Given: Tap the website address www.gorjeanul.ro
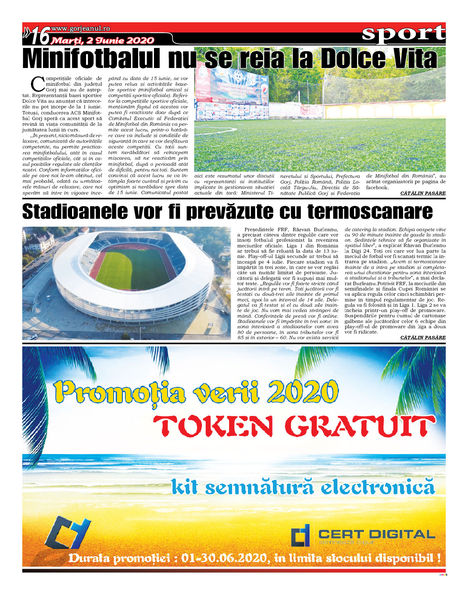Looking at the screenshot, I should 80,28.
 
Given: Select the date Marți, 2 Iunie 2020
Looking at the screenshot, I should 103,40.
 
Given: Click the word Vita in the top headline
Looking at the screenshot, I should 411,59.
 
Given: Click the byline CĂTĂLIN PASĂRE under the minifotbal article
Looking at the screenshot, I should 423,193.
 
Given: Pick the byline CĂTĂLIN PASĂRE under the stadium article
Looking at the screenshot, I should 423,337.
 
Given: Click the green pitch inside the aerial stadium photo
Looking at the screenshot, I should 123,264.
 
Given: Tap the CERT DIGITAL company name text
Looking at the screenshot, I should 376,534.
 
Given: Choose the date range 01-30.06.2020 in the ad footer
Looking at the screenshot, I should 225,558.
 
